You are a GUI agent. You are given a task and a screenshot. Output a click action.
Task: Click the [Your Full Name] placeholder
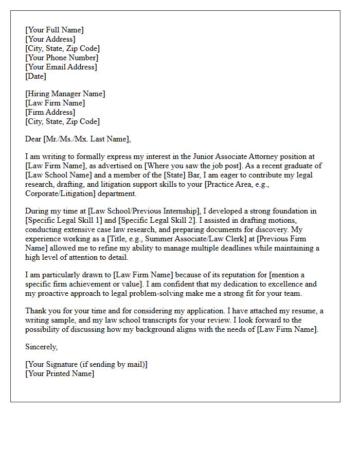point(54,30)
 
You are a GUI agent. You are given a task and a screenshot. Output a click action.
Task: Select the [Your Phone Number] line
point(61,58)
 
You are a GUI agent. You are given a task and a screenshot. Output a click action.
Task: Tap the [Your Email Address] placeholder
point(61,67)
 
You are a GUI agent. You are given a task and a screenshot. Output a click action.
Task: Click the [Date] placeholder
point(35,76)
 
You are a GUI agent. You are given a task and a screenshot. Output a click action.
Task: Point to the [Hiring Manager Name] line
point(65,94)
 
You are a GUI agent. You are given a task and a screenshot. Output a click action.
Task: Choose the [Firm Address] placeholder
point(50,112)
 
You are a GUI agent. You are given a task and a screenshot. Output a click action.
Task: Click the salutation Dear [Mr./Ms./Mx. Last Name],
point(78,138)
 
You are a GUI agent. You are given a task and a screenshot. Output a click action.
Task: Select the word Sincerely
point(41,347)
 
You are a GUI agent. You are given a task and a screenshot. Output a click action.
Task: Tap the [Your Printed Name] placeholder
point(60,373)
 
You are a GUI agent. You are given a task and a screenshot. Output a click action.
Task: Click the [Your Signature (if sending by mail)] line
point(86,364)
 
